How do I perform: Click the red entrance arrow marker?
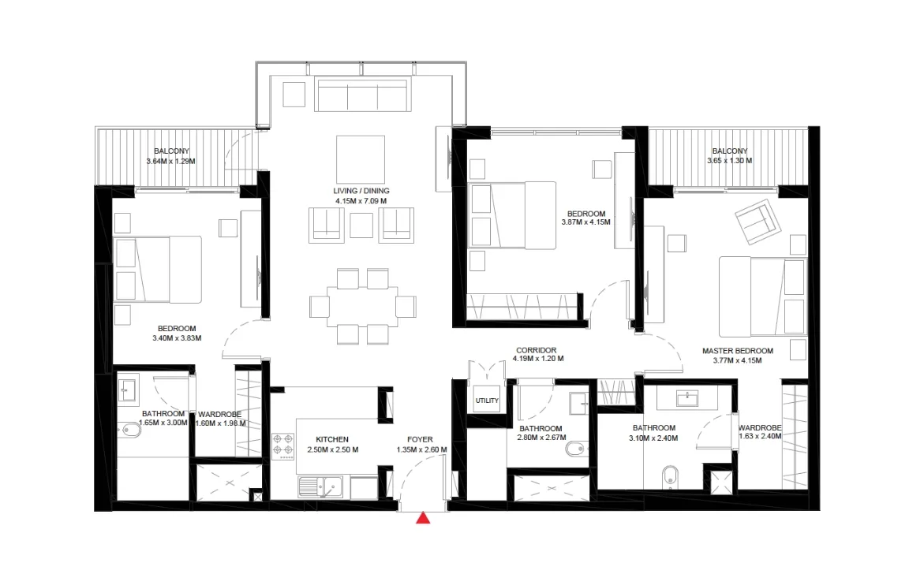pos(423,517)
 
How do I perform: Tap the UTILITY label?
pos(487,401)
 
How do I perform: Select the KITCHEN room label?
pos(332,440)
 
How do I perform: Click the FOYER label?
pos(420,440)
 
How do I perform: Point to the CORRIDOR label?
pos(537,350)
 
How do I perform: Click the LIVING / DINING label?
pos(361,191)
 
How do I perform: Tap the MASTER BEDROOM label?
pos(738,351)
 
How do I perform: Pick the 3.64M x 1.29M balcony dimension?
pos(171,162)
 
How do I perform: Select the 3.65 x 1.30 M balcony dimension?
pos(729,160)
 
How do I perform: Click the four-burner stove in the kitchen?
pos(283,446)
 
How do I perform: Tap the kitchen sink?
pos(320,487)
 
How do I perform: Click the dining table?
pos(362,307)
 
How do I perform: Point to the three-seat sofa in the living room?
pos(362,95)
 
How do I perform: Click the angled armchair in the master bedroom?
pos(757,222)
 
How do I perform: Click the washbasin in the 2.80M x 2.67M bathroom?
pos(579,404)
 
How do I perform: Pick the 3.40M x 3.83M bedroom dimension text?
pos(177,338)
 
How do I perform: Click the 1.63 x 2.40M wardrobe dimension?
pos(760,436)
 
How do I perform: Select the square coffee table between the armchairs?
pos(361,225)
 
